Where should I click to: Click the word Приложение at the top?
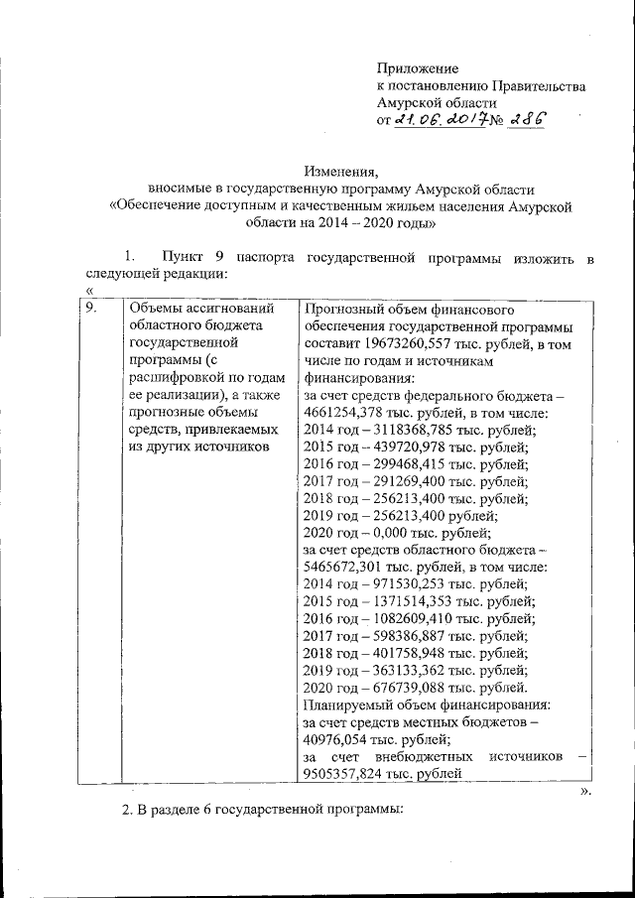coord(418,68)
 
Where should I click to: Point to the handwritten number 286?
coord(523,119)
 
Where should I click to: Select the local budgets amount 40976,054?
coord(334,739)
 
